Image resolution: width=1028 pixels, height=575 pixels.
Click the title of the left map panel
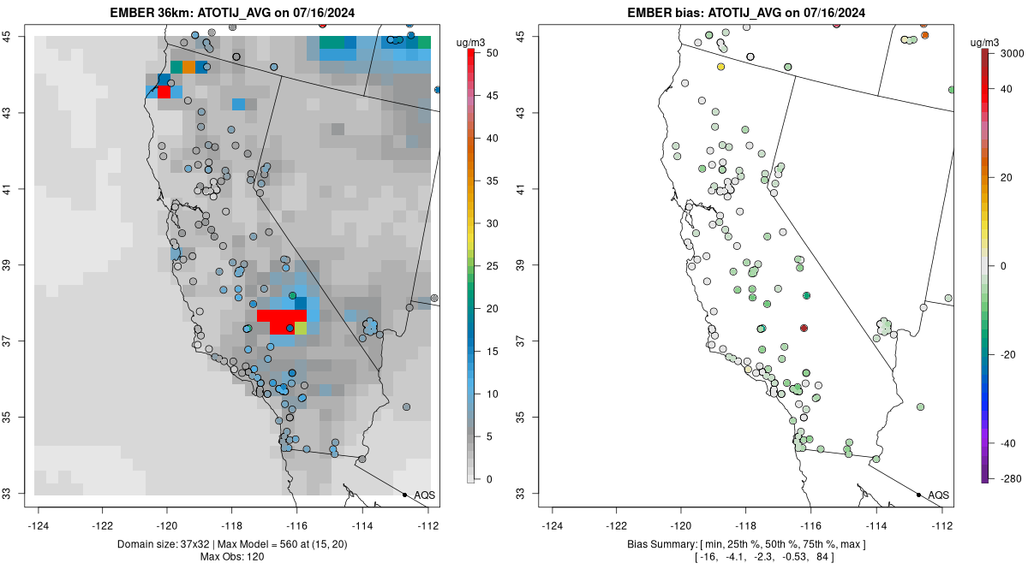[x=232, y=13]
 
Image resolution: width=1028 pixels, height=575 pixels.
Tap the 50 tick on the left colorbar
[x=486, y=53]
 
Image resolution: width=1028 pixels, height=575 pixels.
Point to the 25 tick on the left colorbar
[x=486, y=266]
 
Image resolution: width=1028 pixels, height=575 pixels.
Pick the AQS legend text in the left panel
[x=424, y=495]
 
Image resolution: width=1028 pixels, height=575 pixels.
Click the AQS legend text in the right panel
[x=938, y=495]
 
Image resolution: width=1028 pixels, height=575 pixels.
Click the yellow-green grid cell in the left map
[x=301, y=328]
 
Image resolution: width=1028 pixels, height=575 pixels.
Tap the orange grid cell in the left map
[x=188, y=67]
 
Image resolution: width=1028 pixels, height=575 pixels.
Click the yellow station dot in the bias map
[x=720, y=67]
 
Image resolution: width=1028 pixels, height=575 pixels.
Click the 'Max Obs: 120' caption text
[x=232, y=558]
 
